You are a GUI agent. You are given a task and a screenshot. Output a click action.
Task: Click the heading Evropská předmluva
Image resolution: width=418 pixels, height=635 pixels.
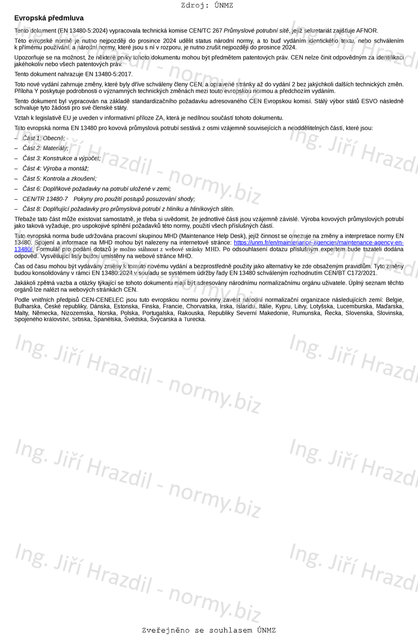pos(49,18)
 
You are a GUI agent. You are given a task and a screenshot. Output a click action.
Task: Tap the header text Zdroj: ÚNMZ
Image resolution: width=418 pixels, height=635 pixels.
pos(207,6)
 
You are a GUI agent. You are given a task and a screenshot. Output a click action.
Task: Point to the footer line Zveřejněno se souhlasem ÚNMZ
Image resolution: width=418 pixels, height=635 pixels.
pos(209,630)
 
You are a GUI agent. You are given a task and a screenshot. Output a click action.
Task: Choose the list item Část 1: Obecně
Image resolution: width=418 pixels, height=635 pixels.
pos(44,138)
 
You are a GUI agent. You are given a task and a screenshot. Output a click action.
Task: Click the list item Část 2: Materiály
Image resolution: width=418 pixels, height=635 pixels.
pos(45,148)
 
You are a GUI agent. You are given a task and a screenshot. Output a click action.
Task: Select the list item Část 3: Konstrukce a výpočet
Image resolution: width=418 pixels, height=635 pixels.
pos(62,158)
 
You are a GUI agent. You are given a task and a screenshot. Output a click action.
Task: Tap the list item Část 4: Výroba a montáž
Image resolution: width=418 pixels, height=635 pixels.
pos(56,169)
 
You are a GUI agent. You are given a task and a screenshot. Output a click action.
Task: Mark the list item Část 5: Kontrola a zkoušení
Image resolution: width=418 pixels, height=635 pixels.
pos(60,179)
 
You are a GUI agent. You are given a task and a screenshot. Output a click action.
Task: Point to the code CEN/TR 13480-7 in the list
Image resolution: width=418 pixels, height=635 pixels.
pos(45,199)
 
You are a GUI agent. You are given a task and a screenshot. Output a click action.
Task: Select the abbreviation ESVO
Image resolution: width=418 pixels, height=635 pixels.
pos(366,101)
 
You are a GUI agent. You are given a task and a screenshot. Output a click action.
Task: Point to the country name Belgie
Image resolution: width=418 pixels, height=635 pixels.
pos(394,300)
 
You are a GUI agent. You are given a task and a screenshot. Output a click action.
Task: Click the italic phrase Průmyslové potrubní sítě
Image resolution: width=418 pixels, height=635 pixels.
pos(256,31)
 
